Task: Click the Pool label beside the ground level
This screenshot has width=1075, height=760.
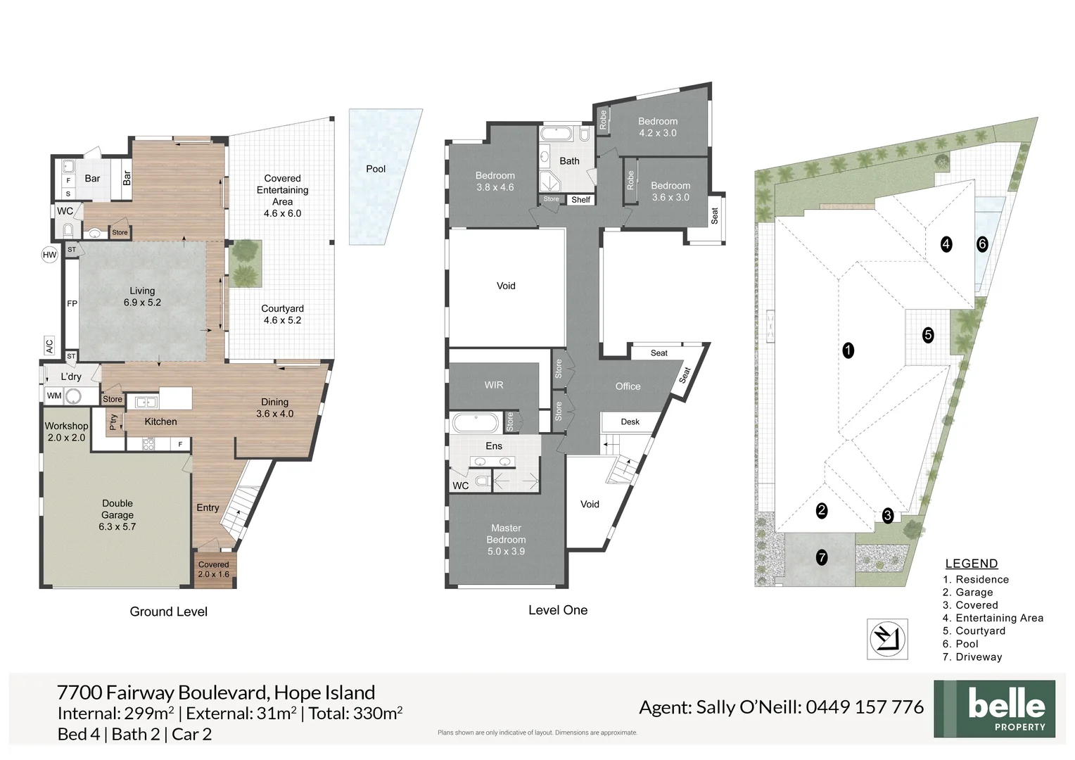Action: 376,169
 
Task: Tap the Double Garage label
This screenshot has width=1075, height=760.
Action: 117,514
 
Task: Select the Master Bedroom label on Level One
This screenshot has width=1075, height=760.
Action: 506,539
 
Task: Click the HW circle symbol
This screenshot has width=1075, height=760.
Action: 49,255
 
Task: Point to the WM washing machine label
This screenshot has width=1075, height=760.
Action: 54,395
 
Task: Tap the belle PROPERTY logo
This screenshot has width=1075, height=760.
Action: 994,709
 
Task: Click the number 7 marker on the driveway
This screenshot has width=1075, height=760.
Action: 821,557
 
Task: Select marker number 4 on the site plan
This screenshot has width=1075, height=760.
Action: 946,244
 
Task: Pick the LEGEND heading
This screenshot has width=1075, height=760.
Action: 971,564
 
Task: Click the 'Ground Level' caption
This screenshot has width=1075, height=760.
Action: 168,612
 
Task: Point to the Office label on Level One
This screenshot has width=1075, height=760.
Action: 628,386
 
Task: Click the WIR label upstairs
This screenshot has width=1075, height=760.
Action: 494,385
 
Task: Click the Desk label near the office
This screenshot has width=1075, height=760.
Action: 630,422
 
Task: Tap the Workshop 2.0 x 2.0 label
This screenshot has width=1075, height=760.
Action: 66,431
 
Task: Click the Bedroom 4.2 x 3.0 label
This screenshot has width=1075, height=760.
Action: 657,127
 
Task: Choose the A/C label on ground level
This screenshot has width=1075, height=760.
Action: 49,346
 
